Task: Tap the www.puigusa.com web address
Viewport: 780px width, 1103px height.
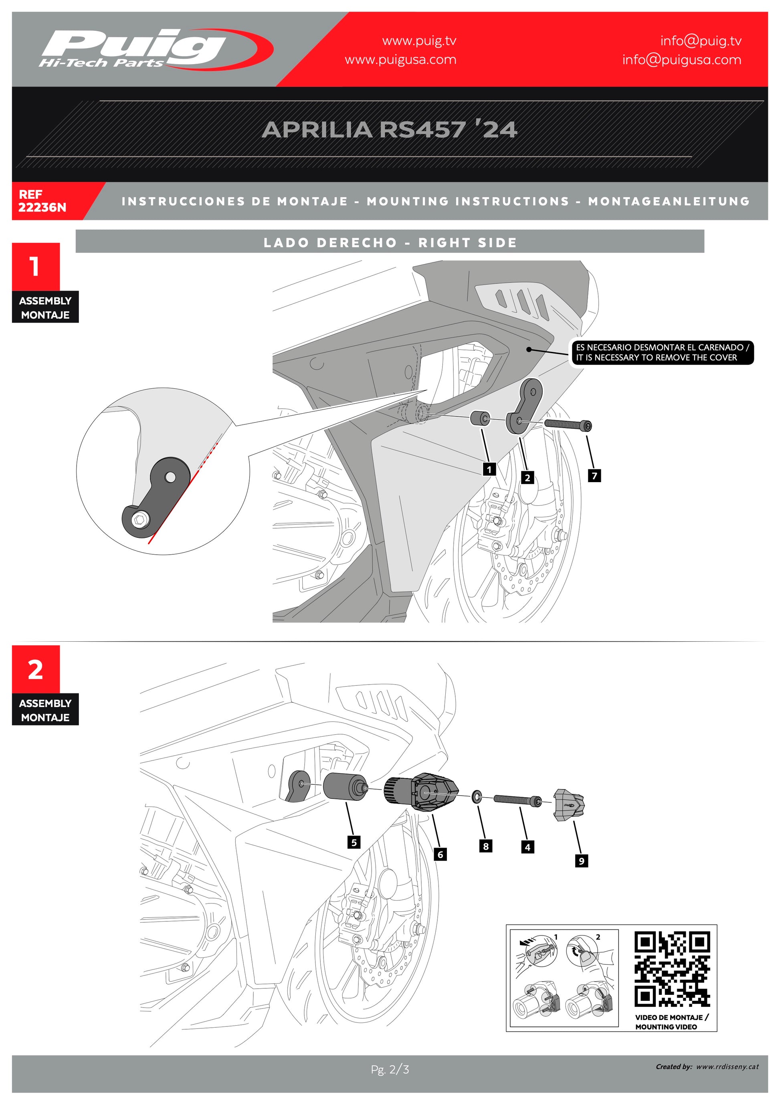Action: tap(400, 60)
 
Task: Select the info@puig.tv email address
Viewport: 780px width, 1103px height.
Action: tap(700, 41)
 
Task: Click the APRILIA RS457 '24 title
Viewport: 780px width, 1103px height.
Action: tap(390, 130)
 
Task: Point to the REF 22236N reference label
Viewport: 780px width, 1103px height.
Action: tap(42, 201)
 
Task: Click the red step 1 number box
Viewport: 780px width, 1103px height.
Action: tap(36, 267)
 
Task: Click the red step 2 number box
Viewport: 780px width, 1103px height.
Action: tap(36, 669)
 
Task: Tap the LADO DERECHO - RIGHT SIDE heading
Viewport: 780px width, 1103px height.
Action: tap(390, 242)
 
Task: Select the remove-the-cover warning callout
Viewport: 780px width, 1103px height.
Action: tap(661, 353)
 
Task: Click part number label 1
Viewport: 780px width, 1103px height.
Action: tap(489, 469)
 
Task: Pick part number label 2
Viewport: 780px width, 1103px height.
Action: tap(527, 477)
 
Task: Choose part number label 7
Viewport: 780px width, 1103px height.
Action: tap(594, 476)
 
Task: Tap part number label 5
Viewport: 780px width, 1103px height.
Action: tap(354, 842)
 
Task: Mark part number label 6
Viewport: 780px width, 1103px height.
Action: tap(440, 854)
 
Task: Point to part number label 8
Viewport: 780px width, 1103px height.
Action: tap(485, 846)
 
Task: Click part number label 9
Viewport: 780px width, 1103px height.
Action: tap(581, 861)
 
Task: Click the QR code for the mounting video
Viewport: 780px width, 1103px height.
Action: tap(672, 969)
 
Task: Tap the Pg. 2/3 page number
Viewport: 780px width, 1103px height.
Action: tap(390, 1069)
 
